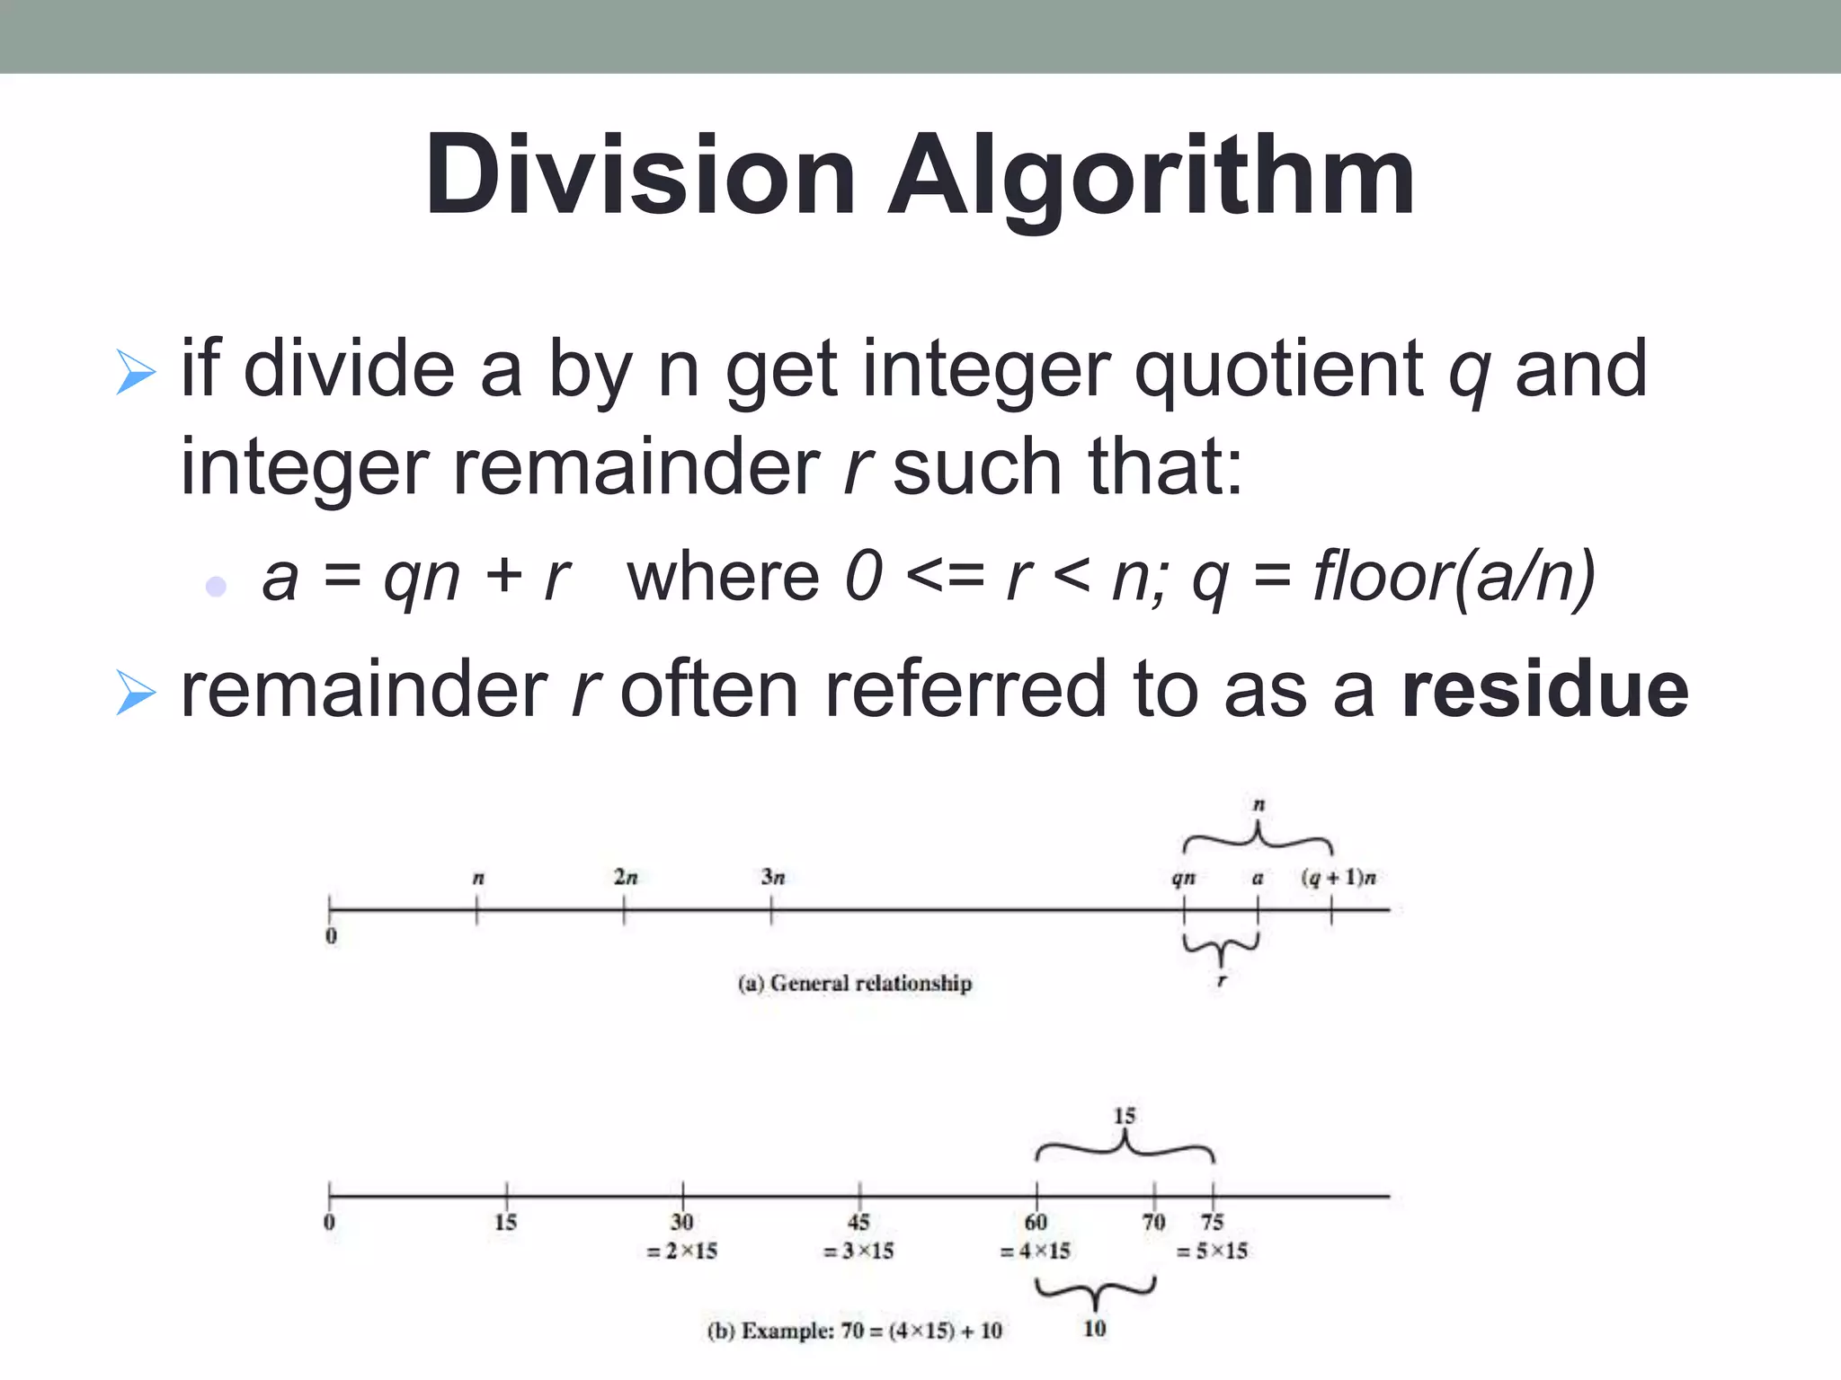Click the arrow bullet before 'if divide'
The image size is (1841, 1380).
pyautogui.click(x=136, y=373)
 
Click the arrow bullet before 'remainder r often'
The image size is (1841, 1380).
pyautogui.click(x=136, y=693)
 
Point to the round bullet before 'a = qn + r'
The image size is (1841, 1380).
pyautogui.click(x=216, y=587)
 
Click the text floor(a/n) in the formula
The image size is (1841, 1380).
pyautogui.click(x=1454, y=577)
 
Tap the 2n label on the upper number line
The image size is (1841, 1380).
pyautogui.click(x=626, y=877)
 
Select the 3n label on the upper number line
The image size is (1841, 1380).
pyautogui.click(x=773, y=877)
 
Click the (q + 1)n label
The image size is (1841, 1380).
pyautogui.click(x=1339, y=877)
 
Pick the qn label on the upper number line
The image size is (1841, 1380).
pyautogui.click(x=1183, y=878)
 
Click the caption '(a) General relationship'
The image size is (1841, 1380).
pyautogui.click(x=855, y=983)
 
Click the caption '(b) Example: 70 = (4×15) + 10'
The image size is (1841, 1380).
pyautogui.click(x=855, y=1331)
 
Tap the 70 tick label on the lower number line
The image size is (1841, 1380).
pyautogui.click(x=1153, y=1222)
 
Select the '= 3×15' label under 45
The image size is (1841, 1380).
pyautogui.click(x=858, y=1251)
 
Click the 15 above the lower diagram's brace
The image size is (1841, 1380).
pyautogui.click(x=1125, y=1116)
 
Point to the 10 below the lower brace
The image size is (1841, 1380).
pyautogui.click(x=1094, y=1329)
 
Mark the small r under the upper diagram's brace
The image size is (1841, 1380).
pyautogui.click(x=1221, y=981)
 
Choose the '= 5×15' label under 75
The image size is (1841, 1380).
pyautogui.click(x=1212, y=1251)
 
